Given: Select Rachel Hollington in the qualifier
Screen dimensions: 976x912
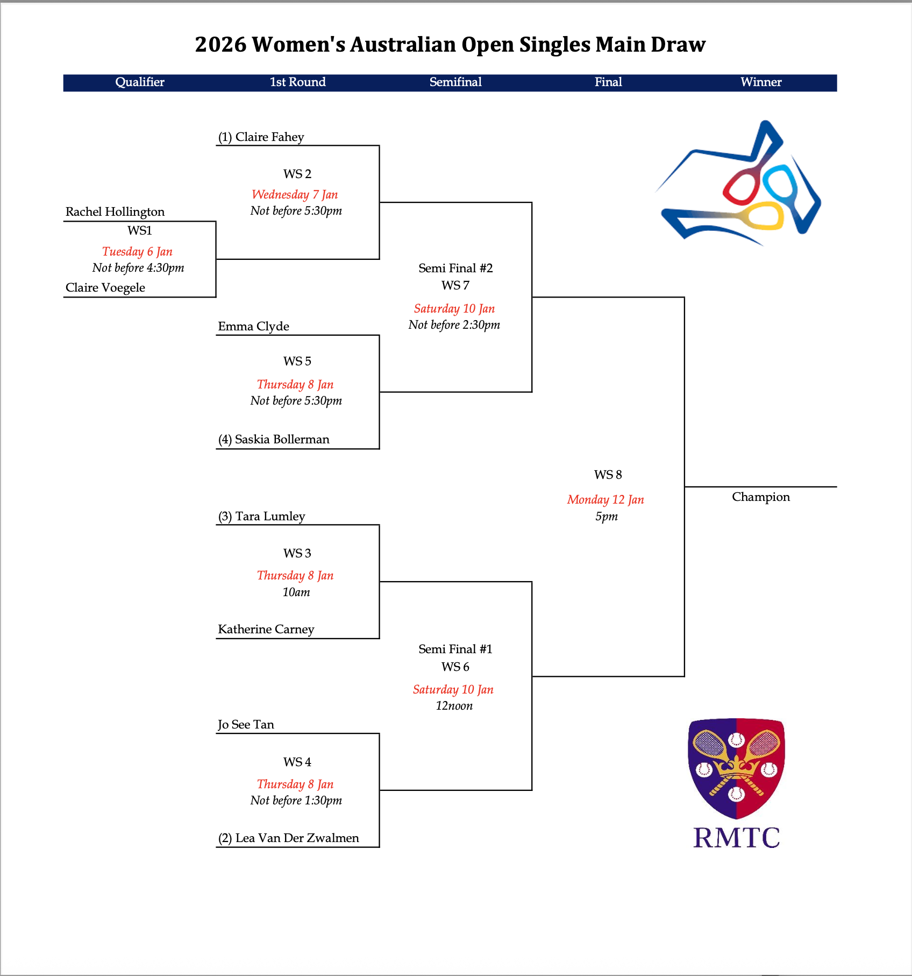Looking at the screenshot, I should coord(115,212).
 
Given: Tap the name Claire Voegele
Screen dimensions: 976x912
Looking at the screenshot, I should coord(105,288).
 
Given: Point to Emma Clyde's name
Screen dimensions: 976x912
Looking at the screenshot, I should coord(253,327).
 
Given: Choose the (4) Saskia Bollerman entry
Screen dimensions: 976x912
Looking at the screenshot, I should coord(274,440).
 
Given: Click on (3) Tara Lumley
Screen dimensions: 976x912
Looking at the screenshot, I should coord(261,517).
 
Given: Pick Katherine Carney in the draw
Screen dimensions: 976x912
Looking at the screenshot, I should coord(266,630).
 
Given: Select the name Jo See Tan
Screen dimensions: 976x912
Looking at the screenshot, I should coord(246,725).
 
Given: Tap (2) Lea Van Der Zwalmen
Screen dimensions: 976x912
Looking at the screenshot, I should coord(288,838).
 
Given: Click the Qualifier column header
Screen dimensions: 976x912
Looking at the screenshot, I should coord(140,82).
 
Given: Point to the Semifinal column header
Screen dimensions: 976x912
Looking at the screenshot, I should coord(455,82).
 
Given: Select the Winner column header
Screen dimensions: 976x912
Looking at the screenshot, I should coord(761,82).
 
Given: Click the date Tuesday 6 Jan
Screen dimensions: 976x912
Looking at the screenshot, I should coord(137,252).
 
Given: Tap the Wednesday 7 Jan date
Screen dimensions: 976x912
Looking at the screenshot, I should coord(295,195).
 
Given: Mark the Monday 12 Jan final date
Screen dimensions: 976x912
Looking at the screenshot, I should coord(605,500).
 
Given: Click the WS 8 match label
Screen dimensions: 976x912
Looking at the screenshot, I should coord(608,475).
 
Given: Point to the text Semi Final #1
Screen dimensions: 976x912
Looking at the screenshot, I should coord(455,649).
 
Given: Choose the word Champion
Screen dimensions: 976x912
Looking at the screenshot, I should coord(761,497).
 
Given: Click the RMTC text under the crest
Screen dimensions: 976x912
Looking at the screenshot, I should coord(737,838).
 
